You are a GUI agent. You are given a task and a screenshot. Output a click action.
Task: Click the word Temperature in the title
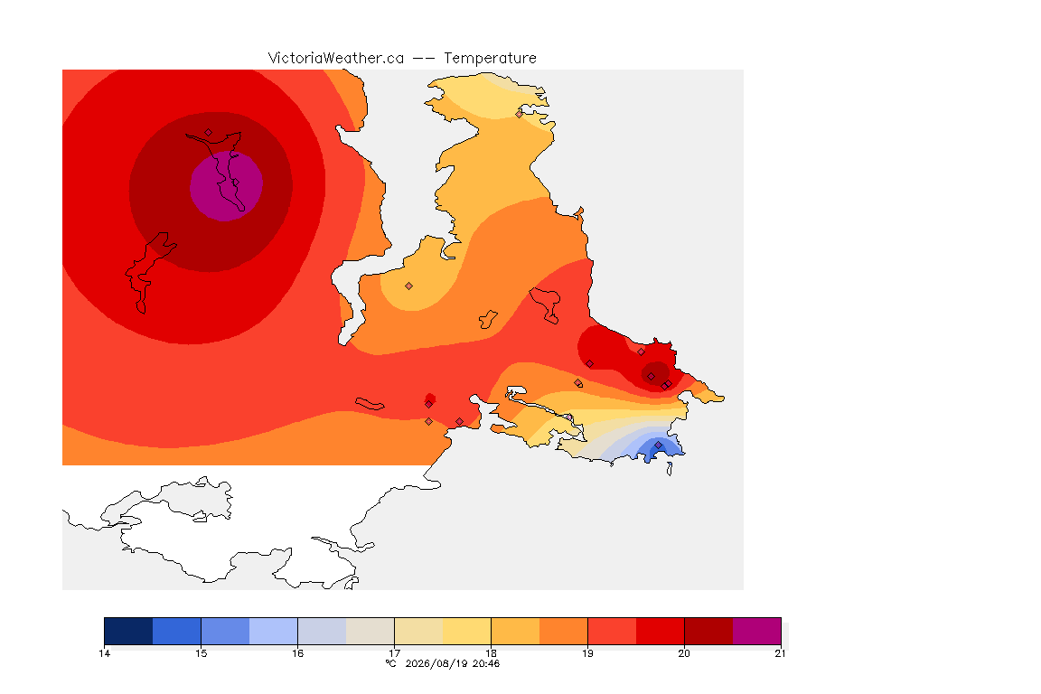click(490, 59)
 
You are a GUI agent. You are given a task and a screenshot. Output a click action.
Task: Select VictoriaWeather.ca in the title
click(336, 59)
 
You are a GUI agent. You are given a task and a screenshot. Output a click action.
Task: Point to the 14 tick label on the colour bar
click(104, 653)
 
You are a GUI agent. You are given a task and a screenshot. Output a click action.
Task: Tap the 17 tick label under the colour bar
click(394, 653)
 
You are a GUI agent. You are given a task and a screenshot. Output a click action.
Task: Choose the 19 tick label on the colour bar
click(587, 653)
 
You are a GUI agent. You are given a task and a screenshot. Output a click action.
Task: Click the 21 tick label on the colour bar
click(780, 653)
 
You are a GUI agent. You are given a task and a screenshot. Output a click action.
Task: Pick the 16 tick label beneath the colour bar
click(297, 653)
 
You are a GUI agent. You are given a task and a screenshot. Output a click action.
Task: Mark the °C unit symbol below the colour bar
click(391, 663)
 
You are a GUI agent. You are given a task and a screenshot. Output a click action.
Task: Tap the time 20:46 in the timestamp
click(486, 663)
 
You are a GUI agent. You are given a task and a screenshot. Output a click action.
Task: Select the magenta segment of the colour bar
click(757, 631)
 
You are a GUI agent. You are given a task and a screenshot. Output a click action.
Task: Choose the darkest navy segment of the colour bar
click(128, 631)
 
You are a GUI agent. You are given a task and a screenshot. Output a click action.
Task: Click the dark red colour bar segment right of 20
click(708, 631)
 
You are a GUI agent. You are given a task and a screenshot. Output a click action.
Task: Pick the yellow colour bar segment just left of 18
click(466, 631)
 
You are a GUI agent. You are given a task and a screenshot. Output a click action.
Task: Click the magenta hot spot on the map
click(226, 186)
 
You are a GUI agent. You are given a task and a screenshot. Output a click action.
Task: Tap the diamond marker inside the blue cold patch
click(658, 445)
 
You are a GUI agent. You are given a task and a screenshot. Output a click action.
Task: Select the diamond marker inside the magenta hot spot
click(235, 182)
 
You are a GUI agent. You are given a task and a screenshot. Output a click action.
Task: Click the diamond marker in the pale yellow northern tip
click(520, 114)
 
